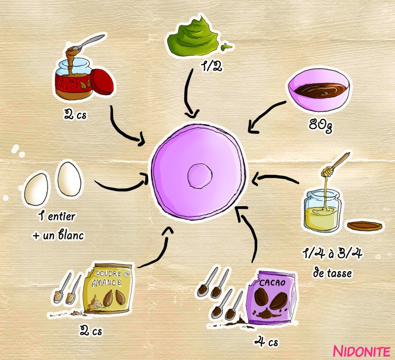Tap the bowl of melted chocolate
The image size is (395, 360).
(318, 91)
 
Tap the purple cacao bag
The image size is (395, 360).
(272, 299)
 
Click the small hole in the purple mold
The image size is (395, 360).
(200, 174)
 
